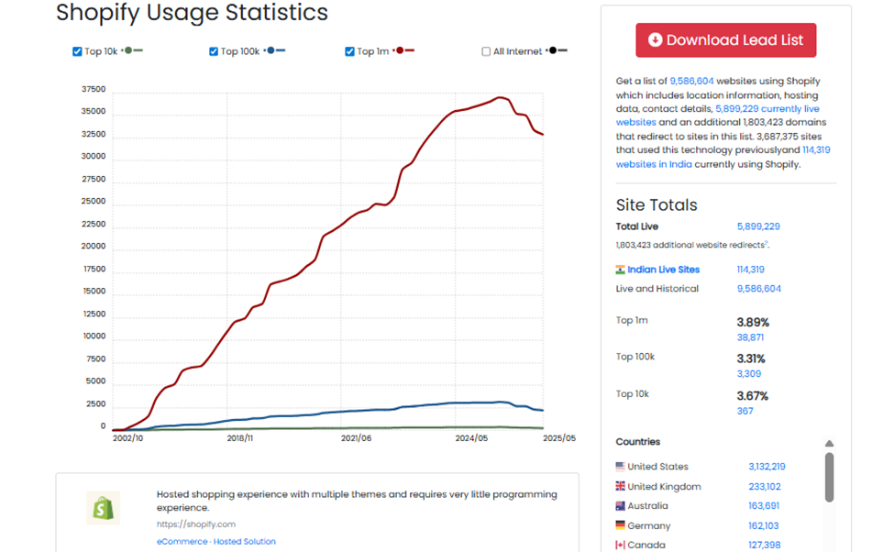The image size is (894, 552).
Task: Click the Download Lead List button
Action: [725, 40]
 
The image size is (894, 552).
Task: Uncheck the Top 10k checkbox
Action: [78, 51]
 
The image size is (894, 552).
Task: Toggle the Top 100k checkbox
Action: [214, 51]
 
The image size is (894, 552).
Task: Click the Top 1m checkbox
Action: [350, 51]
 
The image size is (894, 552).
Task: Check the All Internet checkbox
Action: [487, 51]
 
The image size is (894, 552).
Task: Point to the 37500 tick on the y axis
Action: [93, 90]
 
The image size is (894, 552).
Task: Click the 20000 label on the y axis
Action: [93, 247]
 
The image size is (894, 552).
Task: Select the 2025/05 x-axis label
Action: [557, 439]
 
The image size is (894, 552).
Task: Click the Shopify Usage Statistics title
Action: [192, 13]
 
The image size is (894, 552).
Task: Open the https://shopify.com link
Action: [195, 524]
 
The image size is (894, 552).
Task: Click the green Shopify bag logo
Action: [103, 508]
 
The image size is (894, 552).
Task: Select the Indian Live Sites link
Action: [663, 270]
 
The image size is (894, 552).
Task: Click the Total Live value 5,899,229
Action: [758, 226]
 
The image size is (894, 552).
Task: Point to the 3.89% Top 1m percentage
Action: [752, 323]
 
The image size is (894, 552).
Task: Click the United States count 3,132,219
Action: [767, 467]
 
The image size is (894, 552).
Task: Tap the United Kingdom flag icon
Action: [621, 487]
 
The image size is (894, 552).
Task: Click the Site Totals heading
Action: [657, 205]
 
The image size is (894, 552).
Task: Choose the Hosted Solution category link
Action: [245, 542]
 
